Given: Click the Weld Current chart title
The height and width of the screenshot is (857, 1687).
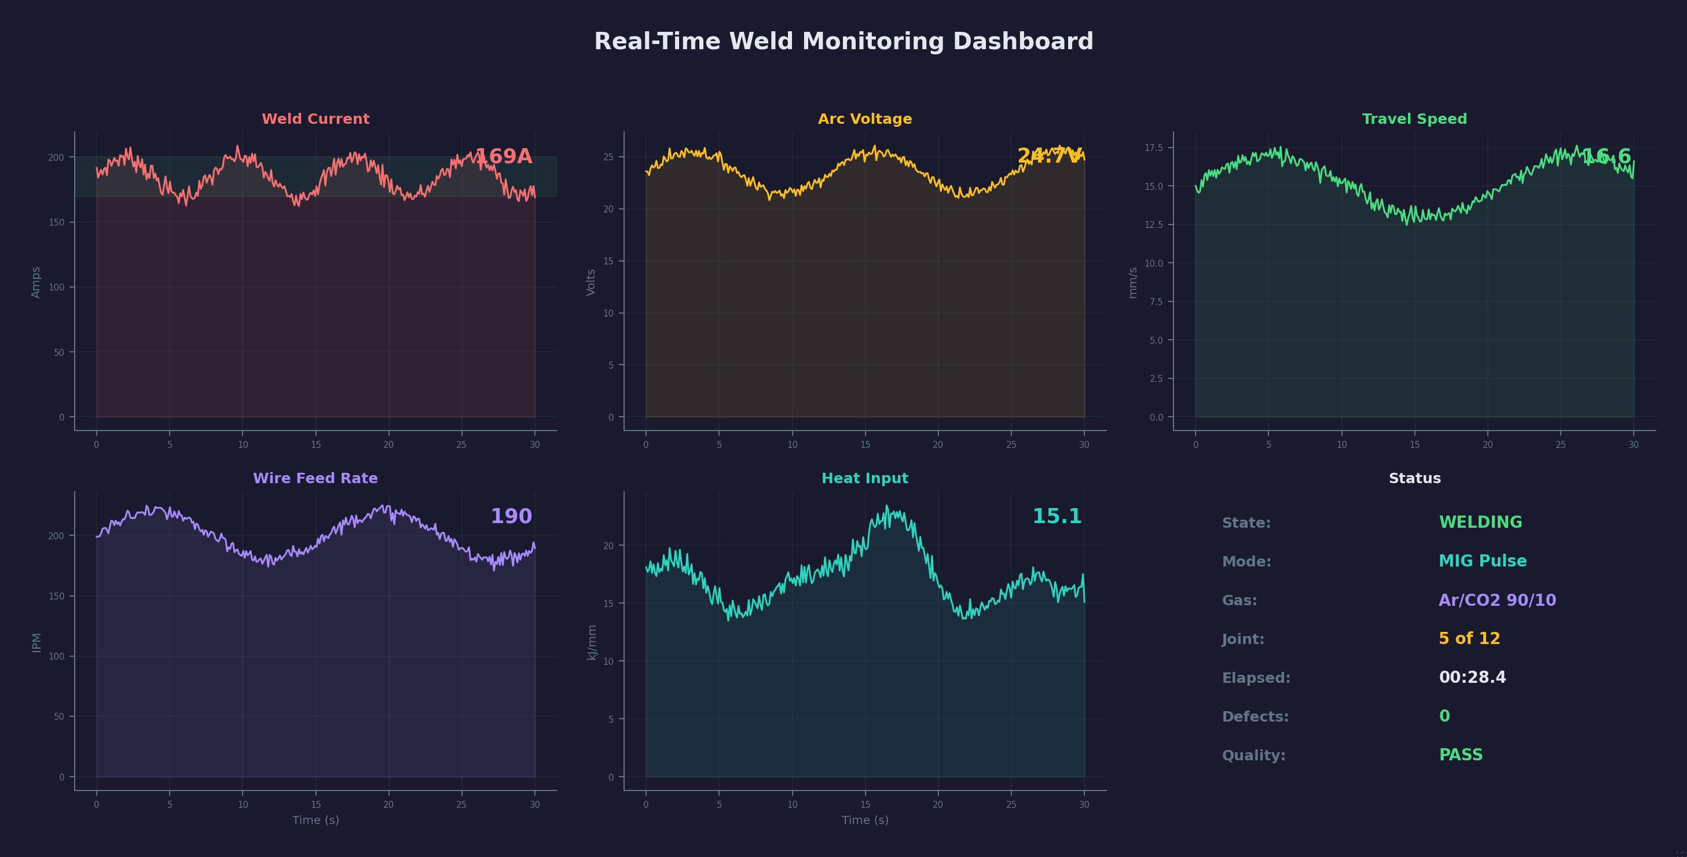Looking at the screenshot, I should point(315,119).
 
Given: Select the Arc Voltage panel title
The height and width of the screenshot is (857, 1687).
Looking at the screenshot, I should point(864,119).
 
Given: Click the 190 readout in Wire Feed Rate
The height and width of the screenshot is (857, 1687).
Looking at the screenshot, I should point(511,517).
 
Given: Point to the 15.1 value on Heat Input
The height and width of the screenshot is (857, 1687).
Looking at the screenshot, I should point(1057,517).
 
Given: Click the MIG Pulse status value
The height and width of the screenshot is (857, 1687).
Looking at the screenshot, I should point(1482,561).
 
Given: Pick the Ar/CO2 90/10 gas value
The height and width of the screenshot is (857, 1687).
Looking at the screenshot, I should point(1497,599).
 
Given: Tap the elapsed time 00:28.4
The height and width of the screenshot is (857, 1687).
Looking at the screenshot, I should point(1472,678).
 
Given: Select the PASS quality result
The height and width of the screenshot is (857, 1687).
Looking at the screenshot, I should point(1461,755).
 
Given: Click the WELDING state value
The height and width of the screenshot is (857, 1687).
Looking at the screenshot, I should point(1480,523).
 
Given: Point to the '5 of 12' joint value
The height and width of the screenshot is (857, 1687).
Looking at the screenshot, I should point(1469,638).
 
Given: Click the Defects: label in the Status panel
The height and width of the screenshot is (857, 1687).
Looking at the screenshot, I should point(1255,717).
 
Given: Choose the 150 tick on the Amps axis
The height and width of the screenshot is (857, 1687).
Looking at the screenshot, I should point(56,223).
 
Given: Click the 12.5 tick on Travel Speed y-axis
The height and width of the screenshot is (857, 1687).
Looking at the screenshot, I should point(1153,225).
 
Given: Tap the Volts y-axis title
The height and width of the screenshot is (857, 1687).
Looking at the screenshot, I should point(591,282).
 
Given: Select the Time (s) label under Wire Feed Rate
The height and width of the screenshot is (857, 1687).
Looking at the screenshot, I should point(315,820).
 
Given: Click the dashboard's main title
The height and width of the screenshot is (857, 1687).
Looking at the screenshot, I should point(843,41).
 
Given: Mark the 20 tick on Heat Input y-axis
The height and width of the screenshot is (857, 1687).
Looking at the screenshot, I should point(608,545).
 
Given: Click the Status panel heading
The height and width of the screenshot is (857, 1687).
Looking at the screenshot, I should point(1414,479).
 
